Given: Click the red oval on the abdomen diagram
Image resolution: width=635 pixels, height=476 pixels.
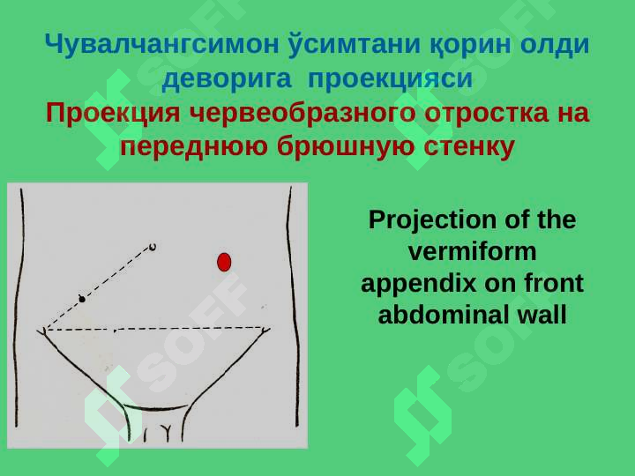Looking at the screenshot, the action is pyautogui.click(x=224, y=262).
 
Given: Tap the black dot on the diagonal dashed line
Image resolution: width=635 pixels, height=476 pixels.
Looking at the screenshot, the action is pyautogui.click(x=82, y=299).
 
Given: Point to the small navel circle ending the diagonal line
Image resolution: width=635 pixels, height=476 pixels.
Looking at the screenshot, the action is pyautogui.click(x=153, y=247).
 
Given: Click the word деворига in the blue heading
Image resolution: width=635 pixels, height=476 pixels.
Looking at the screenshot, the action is pyautogui.click(x=227, y=78).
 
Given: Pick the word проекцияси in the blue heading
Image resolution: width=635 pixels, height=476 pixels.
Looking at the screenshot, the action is pyautogui.click(x=390, y=78).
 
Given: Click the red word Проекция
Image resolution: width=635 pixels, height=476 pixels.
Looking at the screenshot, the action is pyautogui.click(x=113, y=113).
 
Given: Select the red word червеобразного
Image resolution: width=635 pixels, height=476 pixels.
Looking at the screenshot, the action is pyautogui.click(x=303, y=113).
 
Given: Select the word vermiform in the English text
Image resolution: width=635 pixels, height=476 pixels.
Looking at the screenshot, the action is pyautogui.click(x=472, y=251).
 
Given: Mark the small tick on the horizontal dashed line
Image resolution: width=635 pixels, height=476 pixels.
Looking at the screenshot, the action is pyautogui.click(x=115, y=331).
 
